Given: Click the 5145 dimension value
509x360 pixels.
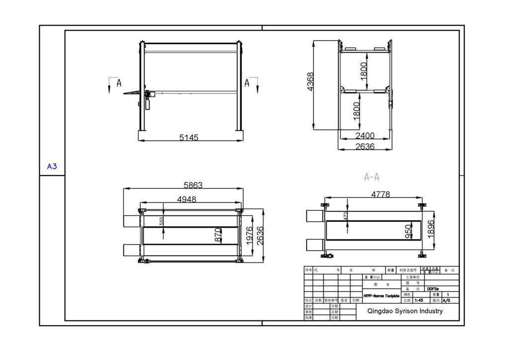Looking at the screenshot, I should click(189, 138).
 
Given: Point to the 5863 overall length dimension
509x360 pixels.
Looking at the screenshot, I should click(193, 185).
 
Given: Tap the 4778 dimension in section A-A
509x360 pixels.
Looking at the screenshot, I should click(380, 194).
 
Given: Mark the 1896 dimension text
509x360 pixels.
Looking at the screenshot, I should click(431, 228).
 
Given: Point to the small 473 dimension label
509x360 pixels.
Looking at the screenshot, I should click(345, 216).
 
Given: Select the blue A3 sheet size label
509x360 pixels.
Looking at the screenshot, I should click(52, 167).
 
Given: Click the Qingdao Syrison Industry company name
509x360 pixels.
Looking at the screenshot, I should click(404, 311).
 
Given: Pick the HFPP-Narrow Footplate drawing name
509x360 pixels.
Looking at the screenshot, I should click(381, 295).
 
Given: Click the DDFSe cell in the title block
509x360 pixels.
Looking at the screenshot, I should click(433, 288).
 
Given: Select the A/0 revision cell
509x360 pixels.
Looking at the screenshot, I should click(446, 300).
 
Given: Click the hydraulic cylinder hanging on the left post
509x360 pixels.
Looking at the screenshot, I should click(147, 103).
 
